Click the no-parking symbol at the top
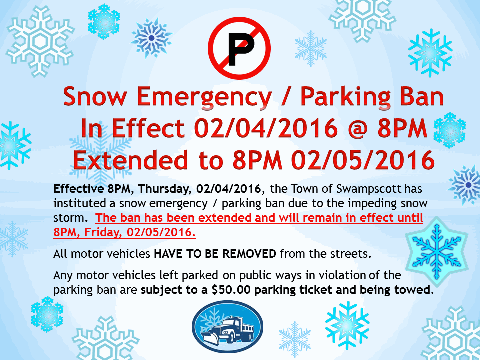tap(239, 48)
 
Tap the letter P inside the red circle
tap(241, 49)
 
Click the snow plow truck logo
tap(228, 326)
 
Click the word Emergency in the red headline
tap(204, 97)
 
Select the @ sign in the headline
tap(356, 128)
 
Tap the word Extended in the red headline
tap(130, 160)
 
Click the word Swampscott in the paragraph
tap(369, 189)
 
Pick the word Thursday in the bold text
tap(165, 189)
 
